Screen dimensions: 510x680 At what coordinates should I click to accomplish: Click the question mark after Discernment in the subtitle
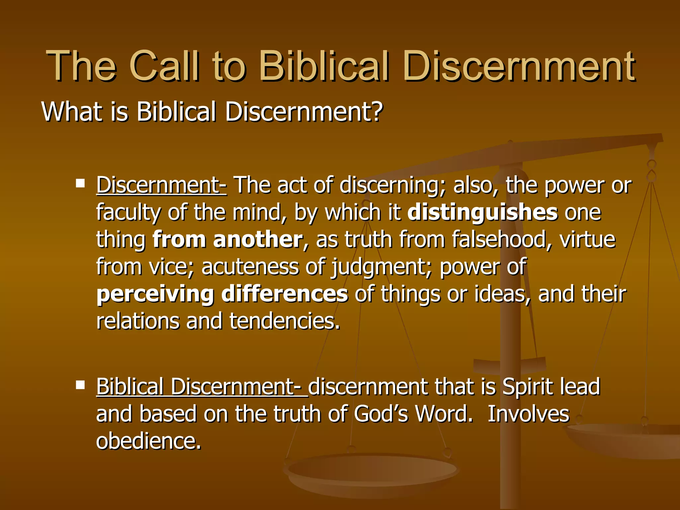[x=376, y=111]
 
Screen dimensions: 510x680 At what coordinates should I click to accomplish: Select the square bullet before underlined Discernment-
[x=80, y=183]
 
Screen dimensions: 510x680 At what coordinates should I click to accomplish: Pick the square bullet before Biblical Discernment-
[x=80, y=385]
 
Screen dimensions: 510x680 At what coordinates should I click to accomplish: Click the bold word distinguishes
[x=482, y=212]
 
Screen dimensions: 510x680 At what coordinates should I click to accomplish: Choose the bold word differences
[x=285, y=294]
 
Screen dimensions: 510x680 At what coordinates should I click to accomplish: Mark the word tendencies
[x=285, y=321]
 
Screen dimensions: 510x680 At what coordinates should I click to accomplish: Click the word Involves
[x=528, y=414]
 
